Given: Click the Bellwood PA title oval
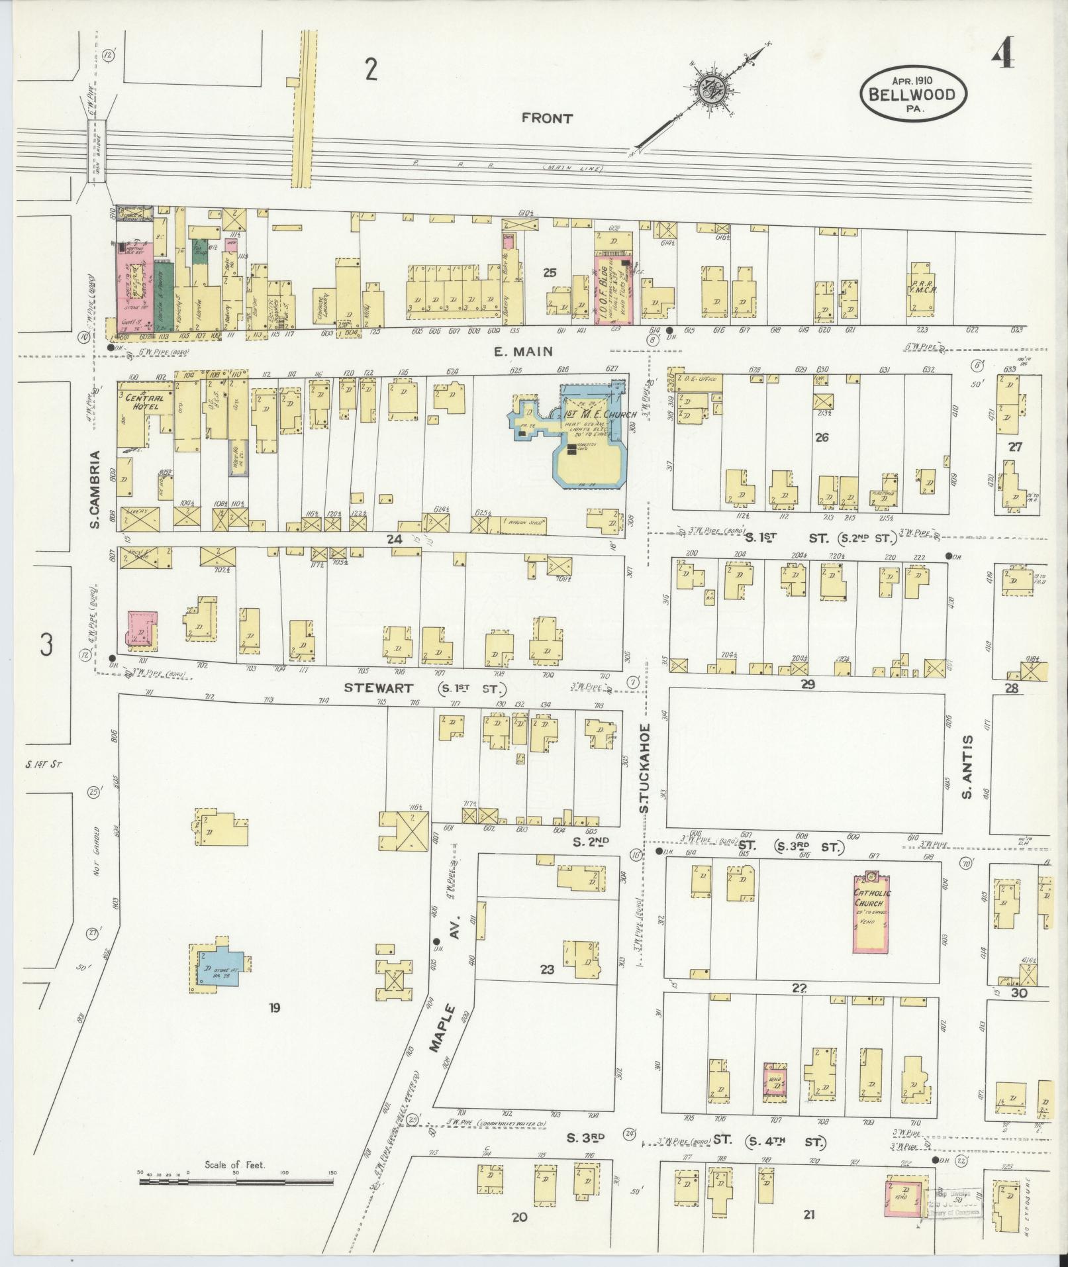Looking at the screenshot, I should (913, 93).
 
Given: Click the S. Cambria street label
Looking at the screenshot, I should (95, 490).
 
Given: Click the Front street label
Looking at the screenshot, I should (546, 118).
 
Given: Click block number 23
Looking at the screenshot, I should (547, 970).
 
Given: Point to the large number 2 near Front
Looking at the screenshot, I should (371, 69).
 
